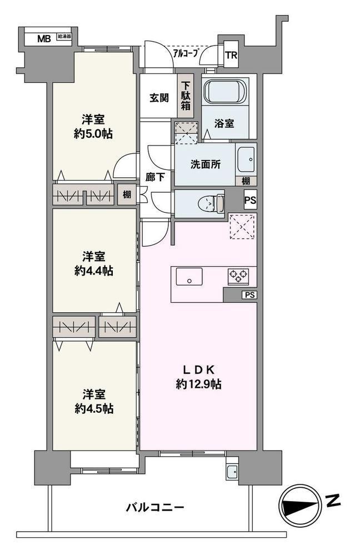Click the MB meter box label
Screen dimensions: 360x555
point(44,38)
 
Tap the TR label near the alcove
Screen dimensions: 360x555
point(232,55)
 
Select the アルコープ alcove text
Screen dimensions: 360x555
point(185,53)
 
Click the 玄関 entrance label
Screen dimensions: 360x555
point(159,98)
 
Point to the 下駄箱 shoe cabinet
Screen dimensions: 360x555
point(186,96)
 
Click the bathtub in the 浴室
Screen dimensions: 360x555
point(226,91)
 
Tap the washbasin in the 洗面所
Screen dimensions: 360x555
point(246,159)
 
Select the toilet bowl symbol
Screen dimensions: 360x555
point(210,203)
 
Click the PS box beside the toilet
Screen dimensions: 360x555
point(250,201)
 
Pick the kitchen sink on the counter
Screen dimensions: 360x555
point(189,277)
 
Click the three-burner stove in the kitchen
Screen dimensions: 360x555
point(238,276)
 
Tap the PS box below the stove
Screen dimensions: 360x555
point(250,294)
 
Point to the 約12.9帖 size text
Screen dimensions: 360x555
point(198,384)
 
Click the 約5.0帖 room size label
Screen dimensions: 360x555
point(93,134)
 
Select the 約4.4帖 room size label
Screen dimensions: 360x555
point(94,271)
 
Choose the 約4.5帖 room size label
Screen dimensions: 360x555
point(94,408)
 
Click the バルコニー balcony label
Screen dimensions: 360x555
point(155,508)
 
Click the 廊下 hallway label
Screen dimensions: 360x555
point(155,177)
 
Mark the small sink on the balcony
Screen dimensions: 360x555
point(233,472)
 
